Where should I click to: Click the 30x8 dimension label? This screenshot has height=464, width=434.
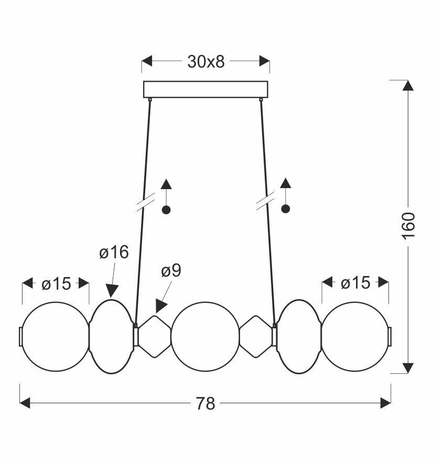[x=206, y=62]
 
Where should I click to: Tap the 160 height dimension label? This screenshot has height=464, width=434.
[x=408, y=226]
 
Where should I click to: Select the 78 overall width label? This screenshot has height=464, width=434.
[x=205, y=403]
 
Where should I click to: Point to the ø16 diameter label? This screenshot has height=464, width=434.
[x=114, y=252]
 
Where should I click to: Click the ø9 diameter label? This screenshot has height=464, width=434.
[x=171, y=270]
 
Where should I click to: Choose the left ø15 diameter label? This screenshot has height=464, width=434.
[x=56, y=284]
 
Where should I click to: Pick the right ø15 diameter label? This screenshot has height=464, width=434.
[x=355, y=283]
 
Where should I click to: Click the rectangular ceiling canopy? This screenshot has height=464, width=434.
[x=205, y=89]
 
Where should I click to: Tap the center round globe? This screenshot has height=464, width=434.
[x=205, y=336]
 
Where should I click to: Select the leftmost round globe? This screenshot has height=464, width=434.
[x=56, y=336]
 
